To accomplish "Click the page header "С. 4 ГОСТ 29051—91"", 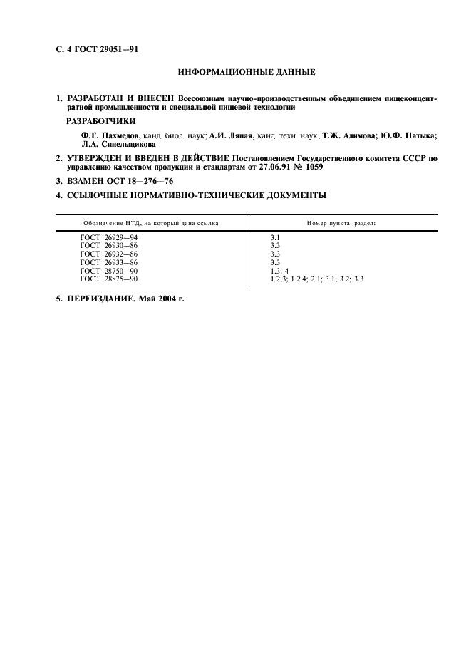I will pyautogui.click(x=97, y=48).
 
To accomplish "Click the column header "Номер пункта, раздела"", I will pyautogui.click(x=342, y=223).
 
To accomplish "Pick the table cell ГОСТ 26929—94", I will pyautogui.click(x=109, y=237).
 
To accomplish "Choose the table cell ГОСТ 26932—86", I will pyautogui.click(x=109, y=254).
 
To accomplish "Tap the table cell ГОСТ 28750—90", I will pyautogui.click(x=109, y=271).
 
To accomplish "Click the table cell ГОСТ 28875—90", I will pyautogui.click(x=109, y=279).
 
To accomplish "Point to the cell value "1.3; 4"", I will pyautogui.click(x=279, y=271).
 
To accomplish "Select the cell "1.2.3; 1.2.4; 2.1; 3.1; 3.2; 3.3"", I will pyautogui.click(x=317, y=279).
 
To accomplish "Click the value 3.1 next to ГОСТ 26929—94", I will pyautogui.click(x=275, y=237).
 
